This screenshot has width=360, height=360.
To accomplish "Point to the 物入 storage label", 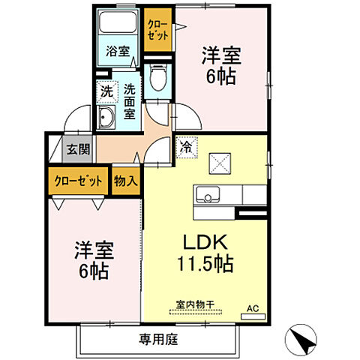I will point(125,181).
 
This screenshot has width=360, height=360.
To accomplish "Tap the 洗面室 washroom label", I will point(129,100).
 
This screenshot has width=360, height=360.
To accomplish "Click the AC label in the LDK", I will point(253,307).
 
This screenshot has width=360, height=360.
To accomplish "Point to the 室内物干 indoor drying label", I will point(195,304).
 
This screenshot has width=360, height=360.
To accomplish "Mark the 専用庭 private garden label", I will point(157,339).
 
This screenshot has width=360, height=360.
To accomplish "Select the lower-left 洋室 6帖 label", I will point(91,260).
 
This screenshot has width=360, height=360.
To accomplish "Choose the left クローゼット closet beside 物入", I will point(78,181).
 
